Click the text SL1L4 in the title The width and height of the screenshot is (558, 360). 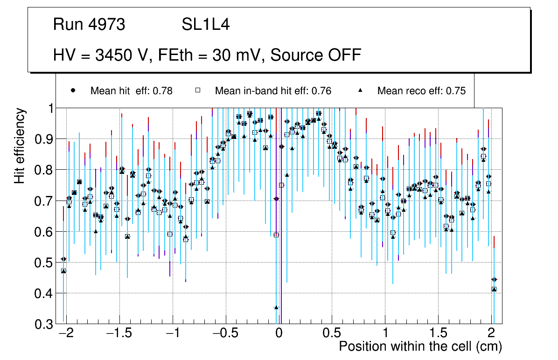[x=205, y=25]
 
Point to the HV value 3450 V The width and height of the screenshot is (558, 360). [x=121, y=55]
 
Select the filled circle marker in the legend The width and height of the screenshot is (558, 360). [x=73, y=90]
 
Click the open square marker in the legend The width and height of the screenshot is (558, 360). [x=197, y=90]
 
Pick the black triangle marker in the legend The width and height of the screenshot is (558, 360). [x=360, y=90]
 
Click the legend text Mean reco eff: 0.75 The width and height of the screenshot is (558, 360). [x=421, y=91]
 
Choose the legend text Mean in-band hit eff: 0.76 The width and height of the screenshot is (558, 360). [x=273, y=91]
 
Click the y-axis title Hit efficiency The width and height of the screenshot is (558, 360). [x=20, y=145]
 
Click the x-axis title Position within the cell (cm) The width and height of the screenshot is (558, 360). [x=420, y=346]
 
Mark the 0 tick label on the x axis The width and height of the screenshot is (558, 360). [x=279, y=334]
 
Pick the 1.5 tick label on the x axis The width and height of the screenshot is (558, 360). [x=438, y=334]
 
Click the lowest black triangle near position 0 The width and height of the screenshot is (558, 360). [x=276, y=307]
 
